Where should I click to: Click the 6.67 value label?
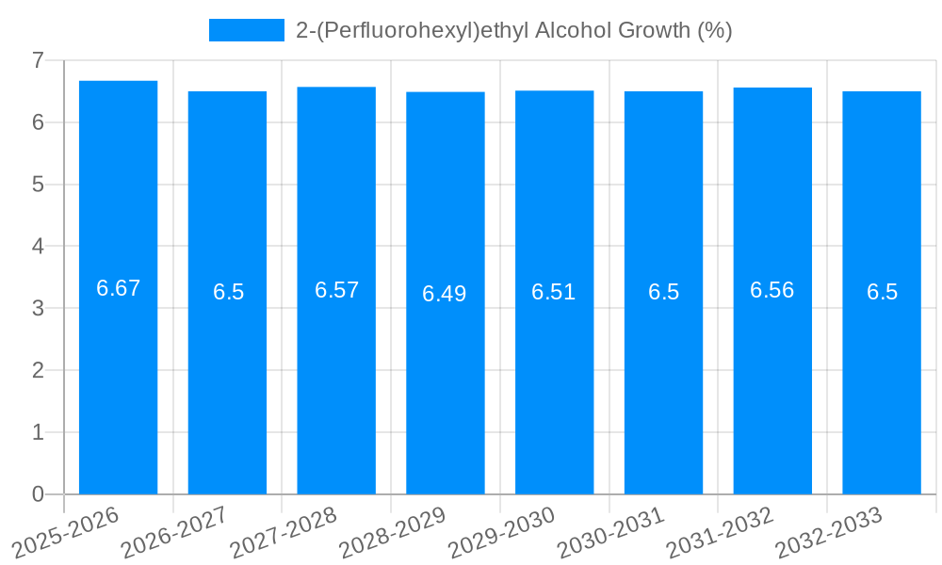118,288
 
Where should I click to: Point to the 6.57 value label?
336,290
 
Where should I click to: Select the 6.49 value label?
445,294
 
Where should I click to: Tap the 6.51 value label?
554,292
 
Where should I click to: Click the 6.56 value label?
772,290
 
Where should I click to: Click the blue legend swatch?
246,30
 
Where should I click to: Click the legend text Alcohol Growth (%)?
633,30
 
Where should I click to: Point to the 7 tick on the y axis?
38,60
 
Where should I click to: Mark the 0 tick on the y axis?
38,494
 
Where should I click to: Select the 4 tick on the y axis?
38,247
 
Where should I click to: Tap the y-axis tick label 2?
38,370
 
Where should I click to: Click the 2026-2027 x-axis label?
173,531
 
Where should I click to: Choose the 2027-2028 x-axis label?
283,531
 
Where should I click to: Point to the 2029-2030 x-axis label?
500,531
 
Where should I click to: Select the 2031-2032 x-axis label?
719,531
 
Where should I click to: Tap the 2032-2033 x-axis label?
828,531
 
